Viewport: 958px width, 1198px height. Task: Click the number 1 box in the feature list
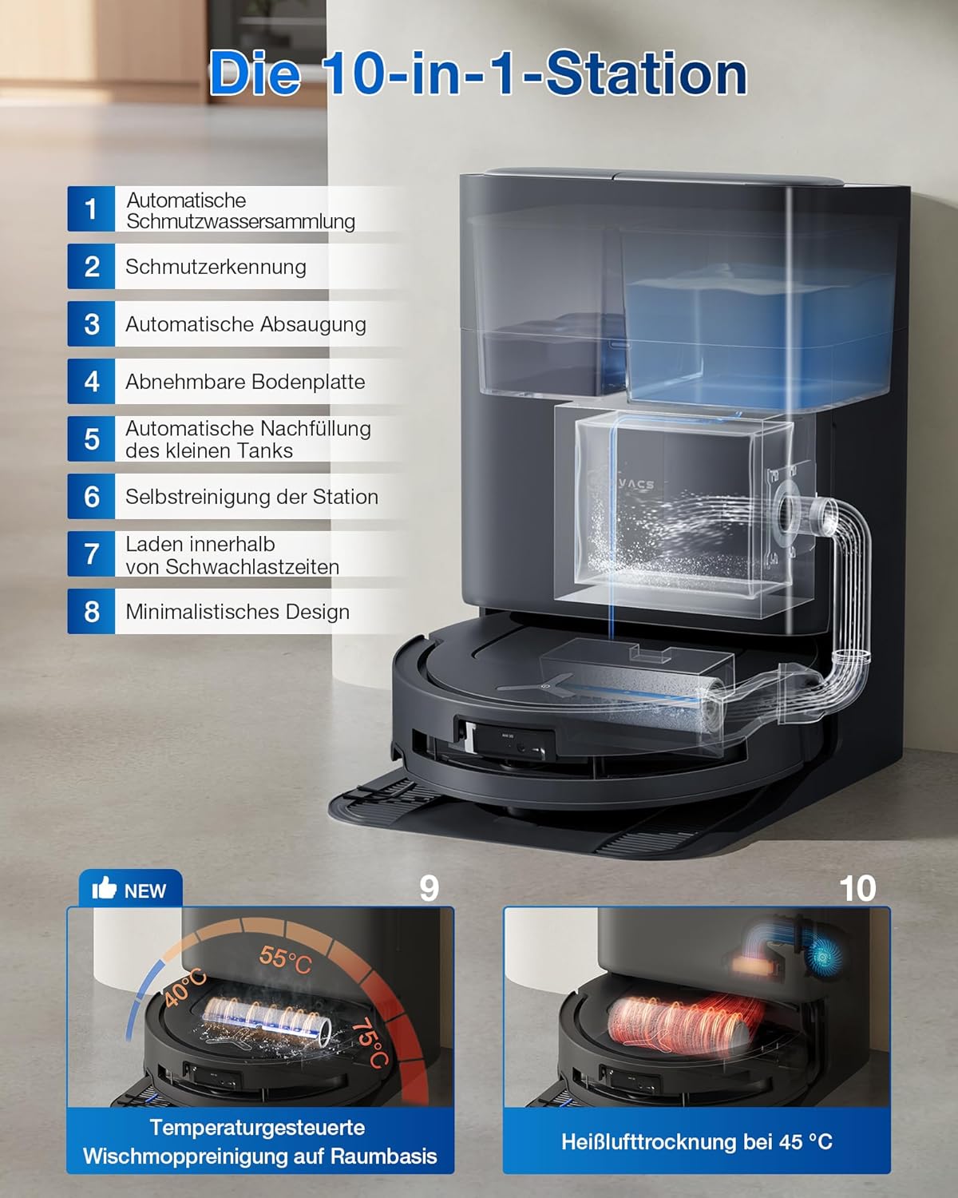(91, 209)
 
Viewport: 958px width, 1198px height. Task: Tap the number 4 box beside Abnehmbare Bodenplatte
(91, 382)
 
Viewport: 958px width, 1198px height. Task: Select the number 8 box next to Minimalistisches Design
(91, 612)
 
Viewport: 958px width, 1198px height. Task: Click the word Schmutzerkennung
(216, 267)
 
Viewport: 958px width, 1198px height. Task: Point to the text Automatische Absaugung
(245, 324)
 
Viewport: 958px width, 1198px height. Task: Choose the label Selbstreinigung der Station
(251, 497)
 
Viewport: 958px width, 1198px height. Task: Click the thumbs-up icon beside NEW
(105, 889)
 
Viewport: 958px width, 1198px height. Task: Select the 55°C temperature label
(284, 958)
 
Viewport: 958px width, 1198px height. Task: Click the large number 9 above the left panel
(429, 888)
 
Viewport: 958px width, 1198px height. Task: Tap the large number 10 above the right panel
(857, 888)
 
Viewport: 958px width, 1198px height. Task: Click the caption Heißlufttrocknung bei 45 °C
(696, 1142)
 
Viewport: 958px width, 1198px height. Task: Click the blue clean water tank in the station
(758, 335)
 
